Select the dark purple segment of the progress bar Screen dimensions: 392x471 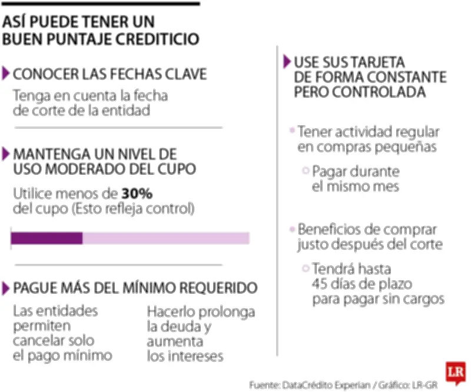click(47, 238)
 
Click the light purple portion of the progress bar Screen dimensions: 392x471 click(165, 238)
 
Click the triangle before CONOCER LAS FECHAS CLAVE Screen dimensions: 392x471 click(6, 74)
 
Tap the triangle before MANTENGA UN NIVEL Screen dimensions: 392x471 click(6, 154)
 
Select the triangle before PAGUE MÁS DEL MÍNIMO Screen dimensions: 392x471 click(6, 288)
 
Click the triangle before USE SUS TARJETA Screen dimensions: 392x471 click(287, 61)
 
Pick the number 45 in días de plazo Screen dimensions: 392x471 click(321, 284)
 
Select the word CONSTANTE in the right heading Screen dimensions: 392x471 click(402, 77)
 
